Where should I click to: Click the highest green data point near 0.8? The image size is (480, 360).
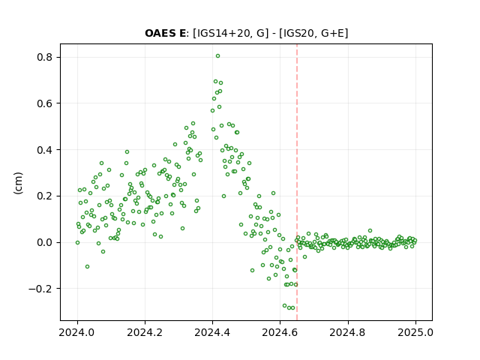(217, 56)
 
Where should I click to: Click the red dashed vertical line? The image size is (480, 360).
(297, 182)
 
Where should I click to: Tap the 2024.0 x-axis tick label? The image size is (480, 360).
(77, 332)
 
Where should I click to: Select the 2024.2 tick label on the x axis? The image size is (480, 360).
(145, 332)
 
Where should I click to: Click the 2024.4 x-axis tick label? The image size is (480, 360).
(212, 332)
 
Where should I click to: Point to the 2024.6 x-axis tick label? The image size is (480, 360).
(280, 332)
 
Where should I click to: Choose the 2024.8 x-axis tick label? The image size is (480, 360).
(348, 332)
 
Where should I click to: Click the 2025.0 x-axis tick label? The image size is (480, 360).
(415, 332)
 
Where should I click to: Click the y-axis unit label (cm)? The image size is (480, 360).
(18, 183)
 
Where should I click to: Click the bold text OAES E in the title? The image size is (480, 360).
(165, 33)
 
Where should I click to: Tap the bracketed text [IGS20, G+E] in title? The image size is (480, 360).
(313, 33)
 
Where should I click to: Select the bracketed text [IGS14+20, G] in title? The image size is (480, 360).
(230, 33)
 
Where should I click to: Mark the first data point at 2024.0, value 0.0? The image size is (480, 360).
(77, 242)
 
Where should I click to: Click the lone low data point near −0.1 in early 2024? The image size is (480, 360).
(87, 267)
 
